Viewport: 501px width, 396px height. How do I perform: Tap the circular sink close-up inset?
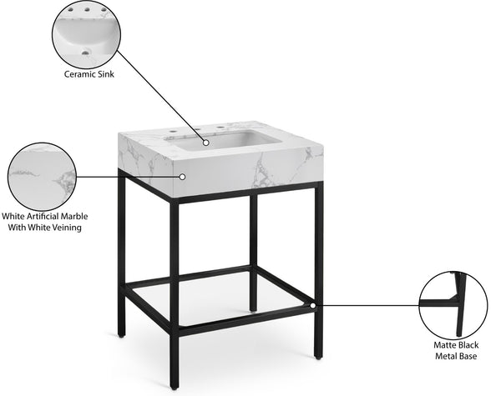pos(86,34)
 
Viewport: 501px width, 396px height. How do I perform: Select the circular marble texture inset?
pos(42,176)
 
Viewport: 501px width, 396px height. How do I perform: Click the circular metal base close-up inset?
pos(452,305)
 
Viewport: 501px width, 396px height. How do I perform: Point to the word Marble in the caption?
pos(71,216)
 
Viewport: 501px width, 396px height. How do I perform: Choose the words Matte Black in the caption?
pos(456,343)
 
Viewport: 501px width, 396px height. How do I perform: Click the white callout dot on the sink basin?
pos(206,143)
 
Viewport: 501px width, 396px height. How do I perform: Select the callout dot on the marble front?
pos(182,177)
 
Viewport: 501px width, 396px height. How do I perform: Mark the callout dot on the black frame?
pos(313,305)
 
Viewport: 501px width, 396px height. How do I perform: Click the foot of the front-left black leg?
pos(174,385)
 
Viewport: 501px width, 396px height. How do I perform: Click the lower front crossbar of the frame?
pos(246,320)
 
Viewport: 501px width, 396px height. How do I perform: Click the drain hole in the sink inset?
pos(84,53)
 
